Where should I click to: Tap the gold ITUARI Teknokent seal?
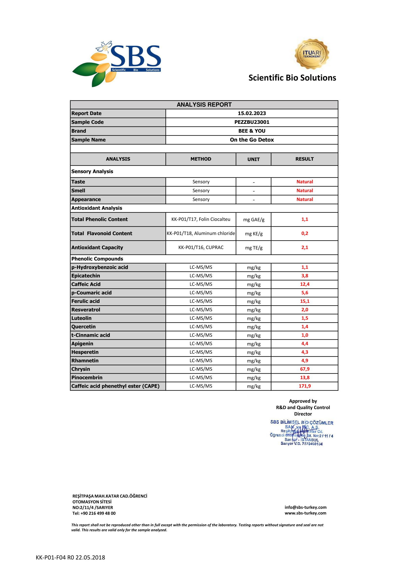pos(312,54)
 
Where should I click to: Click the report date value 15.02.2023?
pos(251,113)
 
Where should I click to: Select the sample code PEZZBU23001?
pos(251,122)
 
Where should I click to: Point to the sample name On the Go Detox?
pos(251,140)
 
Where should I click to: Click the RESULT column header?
pos(304,159)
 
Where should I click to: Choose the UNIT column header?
pos(253,159)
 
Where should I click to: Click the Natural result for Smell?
pos(304,191)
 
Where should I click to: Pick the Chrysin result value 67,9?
pos(304,369)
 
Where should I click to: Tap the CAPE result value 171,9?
pos(304,386)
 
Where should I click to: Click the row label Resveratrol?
pos(86,310)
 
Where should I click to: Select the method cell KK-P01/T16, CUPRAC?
pos(201,247)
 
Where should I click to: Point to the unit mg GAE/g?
pos(254,219)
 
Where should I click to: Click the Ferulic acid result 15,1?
pos(304,301)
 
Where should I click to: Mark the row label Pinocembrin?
pos(87,377)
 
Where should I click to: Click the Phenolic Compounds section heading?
pos(97,259)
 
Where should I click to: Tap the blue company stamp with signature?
pos(301,433)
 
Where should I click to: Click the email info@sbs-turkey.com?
pos(305,507)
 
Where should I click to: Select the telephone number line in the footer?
pos(94,513)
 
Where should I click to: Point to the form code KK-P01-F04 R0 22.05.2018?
pos(70,557)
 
